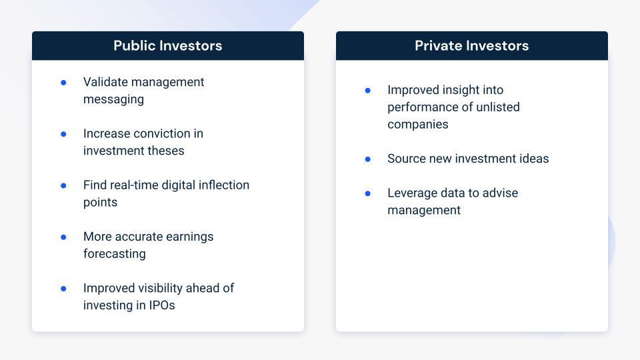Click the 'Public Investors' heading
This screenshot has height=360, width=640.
168,46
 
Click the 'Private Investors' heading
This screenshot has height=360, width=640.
472,46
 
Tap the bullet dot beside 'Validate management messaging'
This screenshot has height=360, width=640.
64,83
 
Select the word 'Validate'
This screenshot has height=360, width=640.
106,82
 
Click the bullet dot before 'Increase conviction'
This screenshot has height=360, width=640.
64,134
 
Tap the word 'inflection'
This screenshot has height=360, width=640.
224,185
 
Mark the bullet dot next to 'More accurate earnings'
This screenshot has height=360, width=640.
64,237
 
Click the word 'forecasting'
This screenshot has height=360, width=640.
114,254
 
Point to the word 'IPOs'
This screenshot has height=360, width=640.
162,305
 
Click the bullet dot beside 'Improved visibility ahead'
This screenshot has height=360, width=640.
64,289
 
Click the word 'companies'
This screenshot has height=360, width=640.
417,125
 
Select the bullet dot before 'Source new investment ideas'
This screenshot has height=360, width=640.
368,159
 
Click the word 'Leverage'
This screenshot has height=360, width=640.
412,193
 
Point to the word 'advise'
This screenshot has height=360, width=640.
500,193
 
